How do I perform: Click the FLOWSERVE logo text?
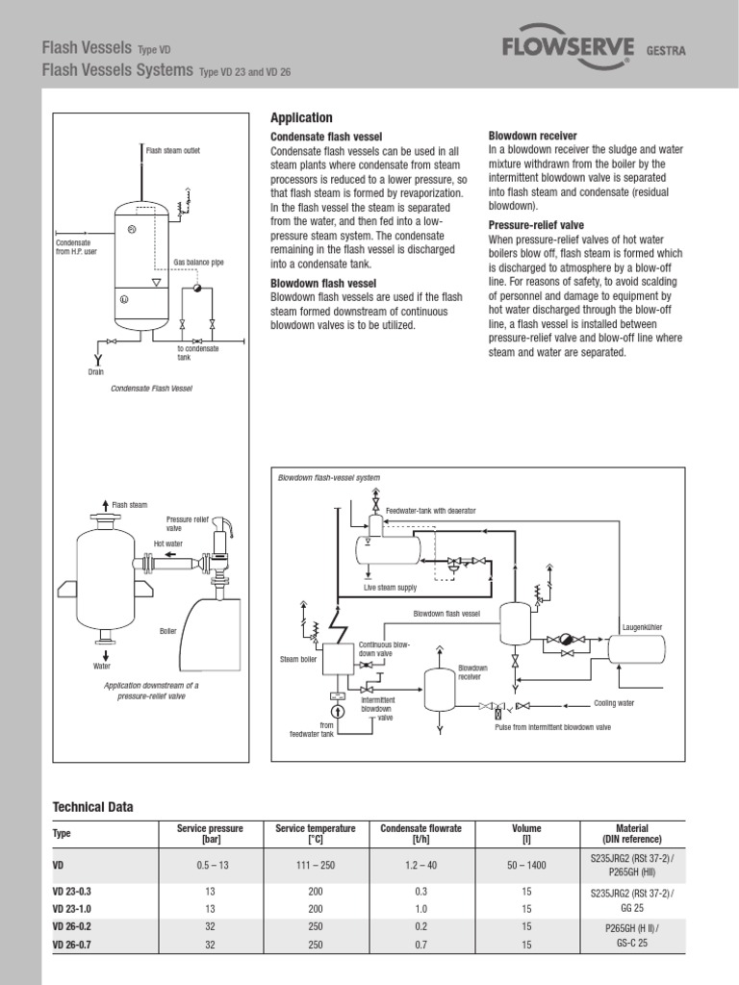click(567, 49)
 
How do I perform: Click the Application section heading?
click(301, 118)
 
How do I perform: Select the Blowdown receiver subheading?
click(532, 136)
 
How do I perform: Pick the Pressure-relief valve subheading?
click(536, 224)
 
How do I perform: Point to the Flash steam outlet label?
click(173, 151)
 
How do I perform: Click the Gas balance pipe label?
click(198, 262)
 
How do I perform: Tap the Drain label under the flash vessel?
click(96, 371)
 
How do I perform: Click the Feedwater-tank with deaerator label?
click(430, 510)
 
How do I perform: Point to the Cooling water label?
click(614, 703)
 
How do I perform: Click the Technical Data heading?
click(92, 807)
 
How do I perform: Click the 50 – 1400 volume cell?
click(525, 865)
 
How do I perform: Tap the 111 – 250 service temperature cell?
click(316, 865)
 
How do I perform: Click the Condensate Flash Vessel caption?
click(152, 388)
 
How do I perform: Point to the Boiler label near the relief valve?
click(169, 631)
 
